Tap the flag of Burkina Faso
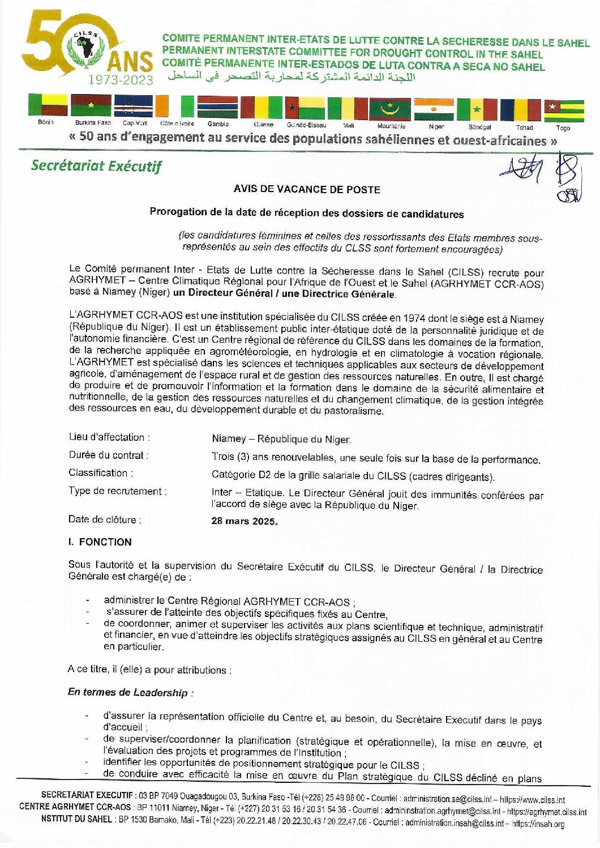(91, 106)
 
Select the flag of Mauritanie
(389, 109)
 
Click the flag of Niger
(433, 109)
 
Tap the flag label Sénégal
(479, 127)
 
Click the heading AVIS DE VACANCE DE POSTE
(307, 189)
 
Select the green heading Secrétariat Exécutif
(96, 166)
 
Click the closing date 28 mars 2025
(245, 521)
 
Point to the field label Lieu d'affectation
(109, 437)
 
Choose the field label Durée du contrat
(109, 455)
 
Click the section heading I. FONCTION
(100, 542)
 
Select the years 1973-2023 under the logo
(120, 80)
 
